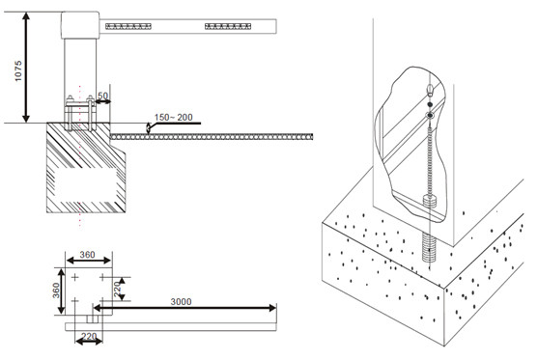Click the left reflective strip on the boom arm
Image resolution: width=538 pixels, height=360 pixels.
pos(127,26)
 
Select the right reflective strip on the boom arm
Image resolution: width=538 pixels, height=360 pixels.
pos(229,26)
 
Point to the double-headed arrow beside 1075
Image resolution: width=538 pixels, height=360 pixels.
pos(31,67)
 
